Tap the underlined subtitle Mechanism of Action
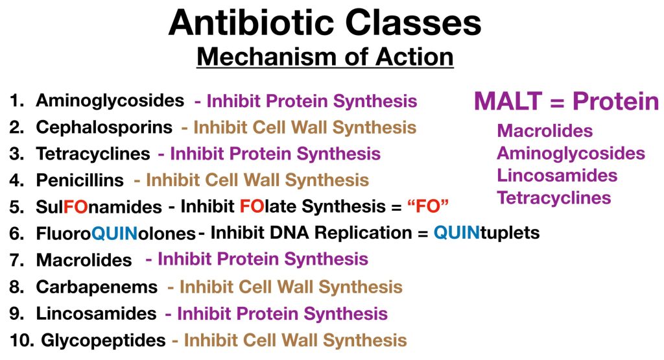(x=326, y=56)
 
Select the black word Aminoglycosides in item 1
(x=110, y=101)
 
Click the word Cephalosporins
(x=104, y=128)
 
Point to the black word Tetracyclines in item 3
(x=93, y=154)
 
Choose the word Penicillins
(x=80, y=180)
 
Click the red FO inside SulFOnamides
(x=76, y=207)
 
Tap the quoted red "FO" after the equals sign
(x=428, y=206)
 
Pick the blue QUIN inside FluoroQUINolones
(x=114, y=234)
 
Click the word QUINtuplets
(x=486, y=233)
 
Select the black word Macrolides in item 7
(x=84, y=260)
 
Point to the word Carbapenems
(x=97, y=287)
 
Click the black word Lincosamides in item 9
(x=96, y=313)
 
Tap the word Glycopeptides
(x=103, y=341)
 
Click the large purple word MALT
(x=508, y=101)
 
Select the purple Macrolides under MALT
(x=545, y=131)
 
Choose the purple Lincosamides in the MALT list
(x=557, y=175)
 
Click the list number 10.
(x=21, y=341)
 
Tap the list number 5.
(x=16, y=207)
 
